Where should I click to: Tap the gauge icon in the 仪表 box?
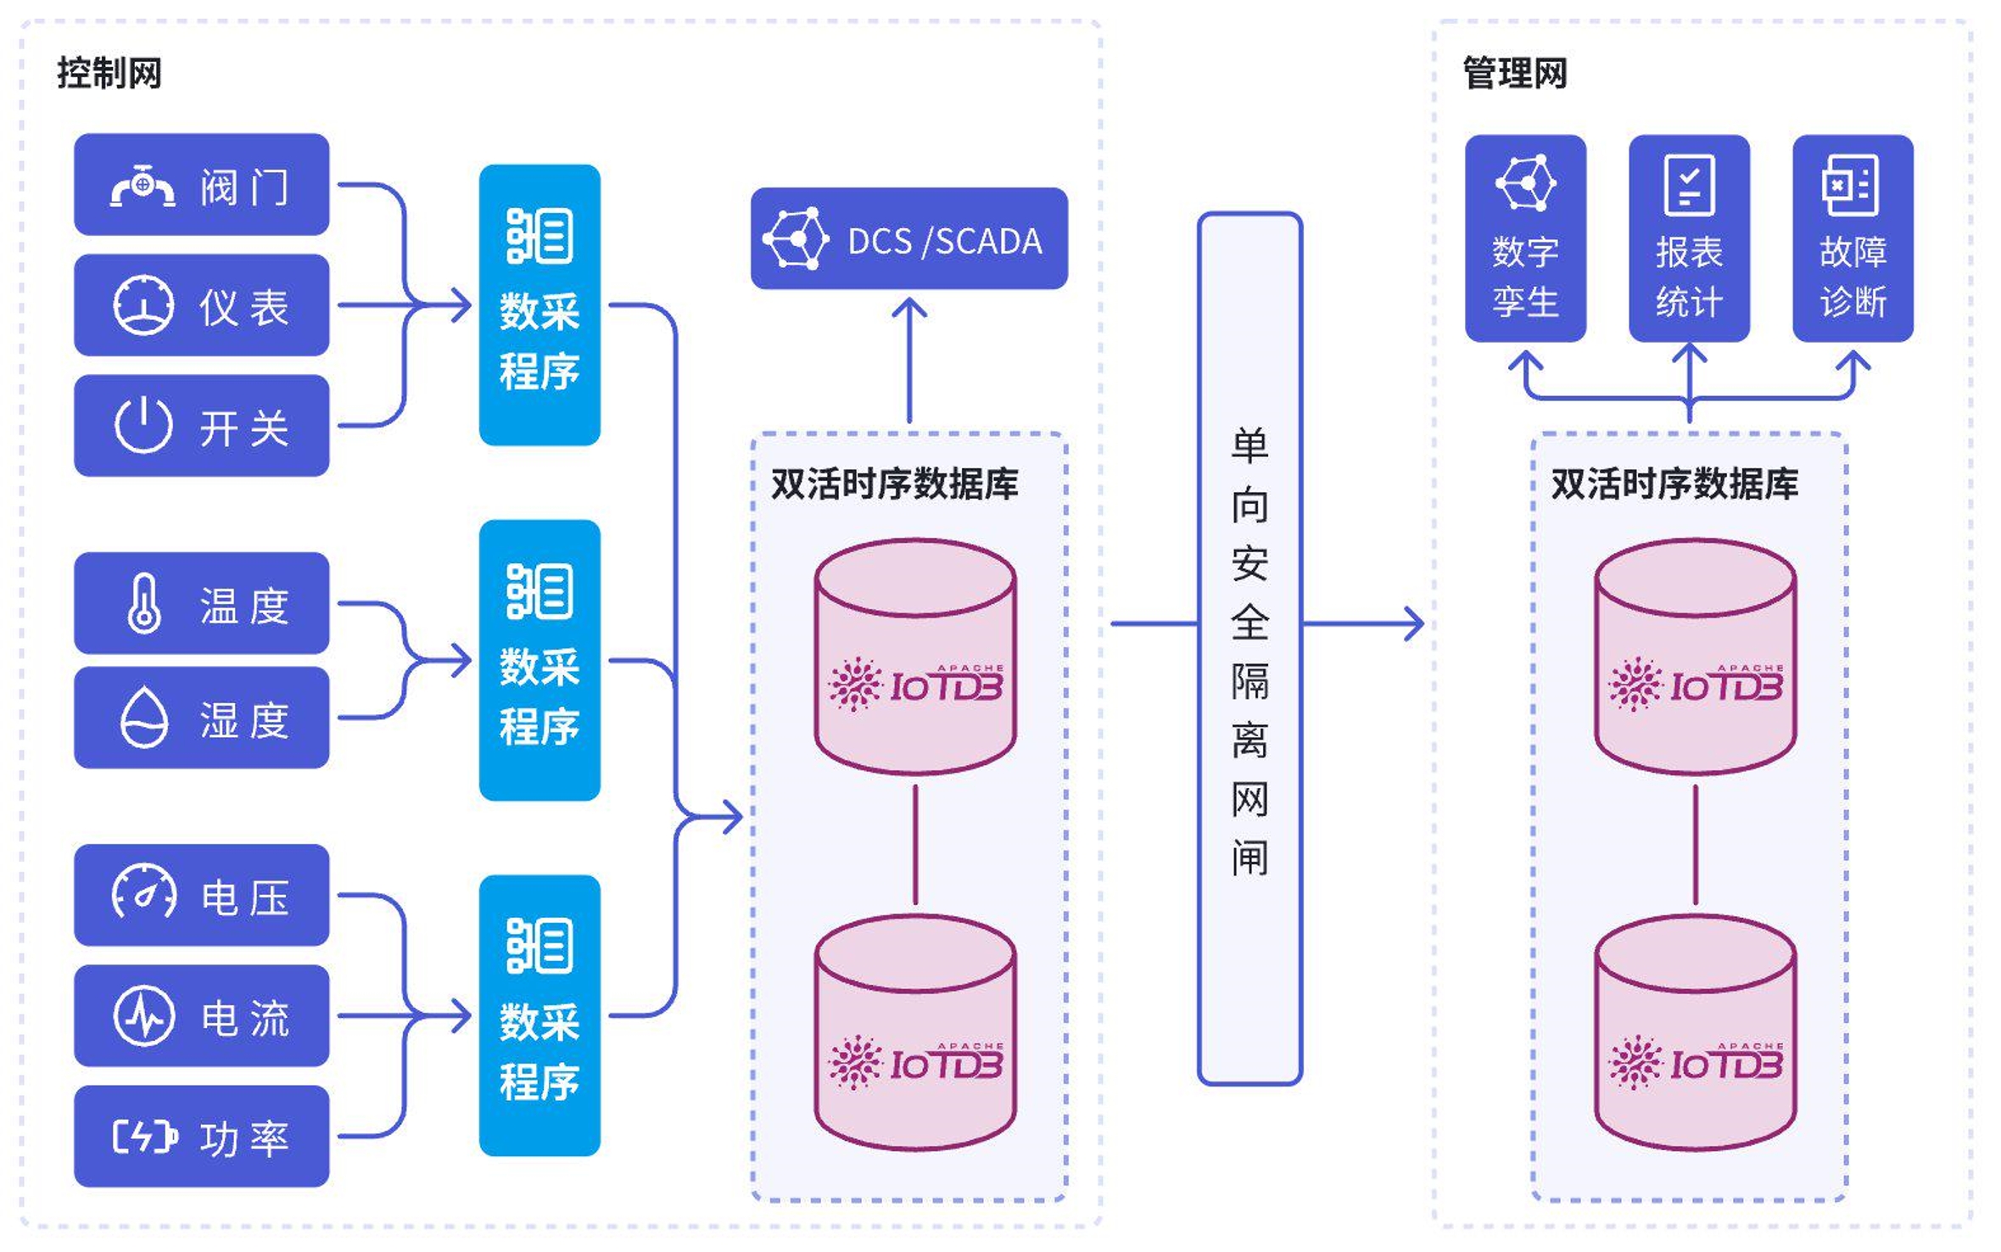click(x=143, y=305)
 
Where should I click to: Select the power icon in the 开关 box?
click(x=143, y=424)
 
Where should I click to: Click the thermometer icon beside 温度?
click(x=143, y=603)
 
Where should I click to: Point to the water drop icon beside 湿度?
click(x=143, y=718)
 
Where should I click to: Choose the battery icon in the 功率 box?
click(x=145, y=1137)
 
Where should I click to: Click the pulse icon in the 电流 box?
click(x=144, y=1015)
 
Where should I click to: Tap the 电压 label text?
click(x=244, y=897)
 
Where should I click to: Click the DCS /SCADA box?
click(x=908, y=239)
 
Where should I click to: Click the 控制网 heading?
click(x=109, y=73)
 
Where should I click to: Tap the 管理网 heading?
click(x=1514, y=73)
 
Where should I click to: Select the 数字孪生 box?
click(x=1524, y=238)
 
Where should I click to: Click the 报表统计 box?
click(x=1688, y=238)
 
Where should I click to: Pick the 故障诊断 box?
click(x=1853, y=238)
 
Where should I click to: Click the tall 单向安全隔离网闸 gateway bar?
click(x=1249, y=649)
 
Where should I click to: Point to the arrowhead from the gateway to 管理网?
click(x=1416, y=624)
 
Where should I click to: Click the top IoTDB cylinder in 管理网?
click(x=1695, y=657)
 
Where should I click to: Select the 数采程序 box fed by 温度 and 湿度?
click(x=539, y=660)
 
